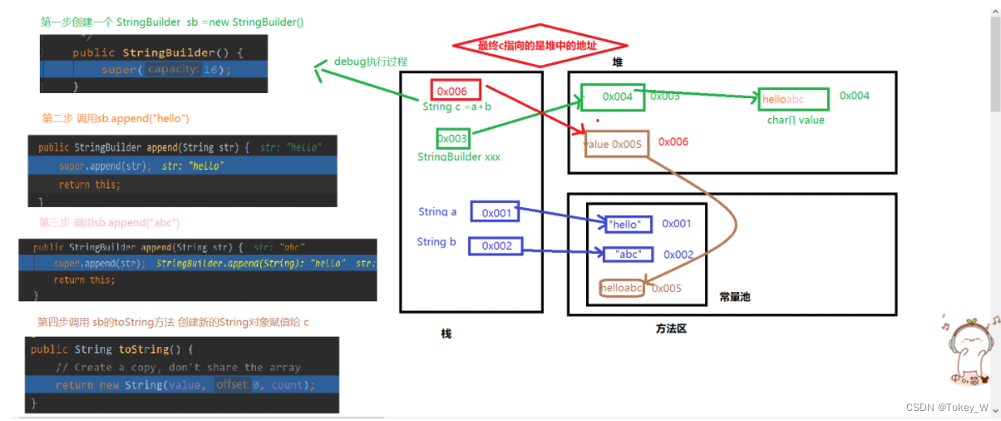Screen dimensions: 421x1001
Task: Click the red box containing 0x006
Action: pos(455,90)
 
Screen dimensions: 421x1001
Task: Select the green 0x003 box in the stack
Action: pos(453,139)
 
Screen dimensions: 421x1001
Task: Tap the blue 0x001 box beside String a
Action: pos(495,213)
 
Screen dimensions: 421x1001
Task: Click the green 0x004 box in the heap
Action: pos(614,97)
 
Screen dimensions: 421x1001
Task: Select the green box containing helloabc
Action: pos(793,100)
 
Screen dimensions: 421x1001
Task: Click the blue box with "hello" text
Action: pos(624,224)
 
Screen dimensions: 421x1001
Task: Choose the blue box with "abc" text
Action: pos(629,255)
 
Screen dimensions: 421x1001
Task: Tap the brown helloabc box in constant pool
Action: pos(622,289)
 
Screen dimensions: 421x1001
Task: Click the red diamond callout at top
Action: pos(539,46)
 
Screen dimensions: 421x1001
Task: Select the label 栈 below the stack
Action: pos(446,334)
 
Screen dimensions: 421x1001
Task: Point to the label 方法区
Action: pos(671,329)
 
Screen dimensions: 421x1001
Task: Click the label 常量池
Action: pos(735,297)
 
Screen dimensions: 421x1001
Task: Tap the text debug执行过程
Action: pos(371,62)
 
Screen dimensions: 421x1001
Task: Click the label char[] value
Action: pos(796,120)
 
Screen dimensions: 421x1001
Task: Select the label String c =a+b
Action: pos(456,106)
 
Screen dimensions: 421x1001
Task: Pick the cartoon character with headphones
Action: pos(968,349)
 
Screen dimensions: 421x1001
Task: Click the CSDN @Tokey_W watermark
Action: pos(947,408)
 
